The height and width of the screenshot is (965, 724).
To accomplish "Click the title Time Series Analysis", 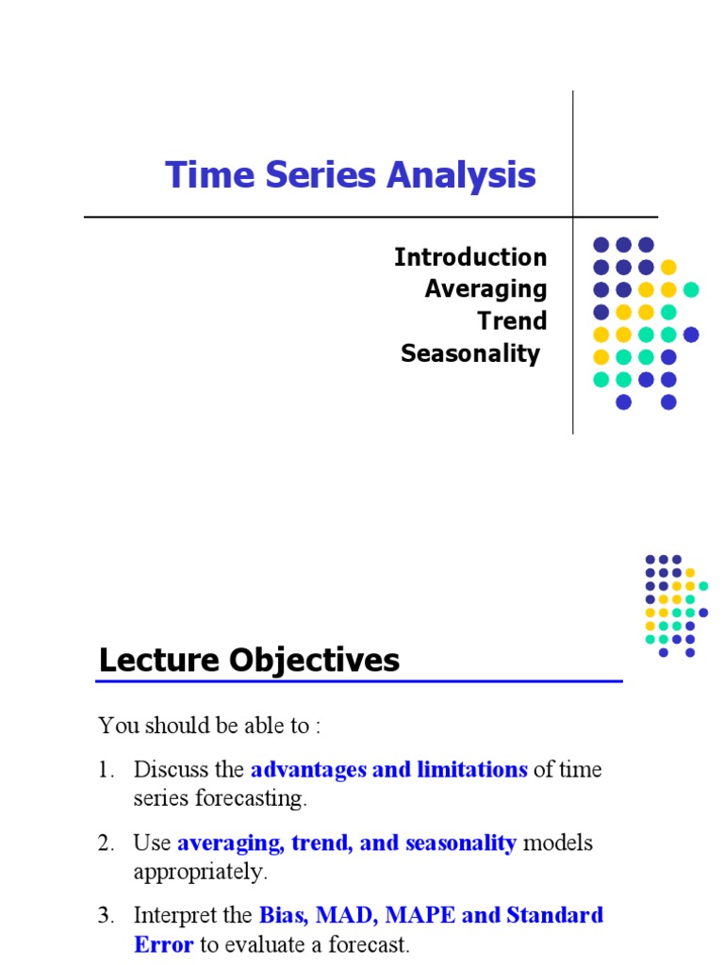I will [351, 175].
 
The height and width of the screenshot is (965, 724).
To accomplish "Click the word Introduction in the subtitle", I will [469, 257].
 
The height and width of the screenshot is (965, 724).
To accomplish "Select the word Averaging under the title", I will [485, 288].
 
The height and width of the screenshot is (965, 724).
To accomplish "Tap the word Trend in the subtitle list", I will [512, 320].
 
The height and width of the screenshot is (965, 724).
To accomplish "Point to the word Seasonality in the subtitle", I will [470, 353].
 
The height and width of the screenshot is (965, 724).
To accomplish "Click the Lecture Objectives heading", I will [249, 660].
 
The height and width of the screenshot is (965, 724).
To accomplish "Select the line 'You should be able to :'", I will [210, 726].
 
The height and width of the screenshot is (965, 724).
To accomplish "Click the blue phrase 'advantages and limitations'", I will [388, 769].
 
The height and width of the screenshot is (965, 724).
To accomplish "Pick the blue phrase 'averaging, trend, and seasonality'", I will [346, 842].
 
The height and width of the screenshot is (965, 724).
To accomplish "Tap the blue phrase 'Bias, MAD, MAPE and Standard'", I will [431, 915].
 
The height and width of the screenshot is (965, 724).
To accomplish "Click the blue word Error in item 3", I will [164, 944].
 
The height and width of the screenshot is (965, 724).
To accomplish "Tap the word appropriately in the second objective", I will [201, 872].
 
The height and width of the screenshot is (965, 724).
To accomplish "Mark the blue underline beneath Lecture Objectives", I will [360, 681].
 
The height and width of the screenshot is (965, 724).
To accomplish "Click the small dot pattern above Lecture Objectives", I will [676, 605].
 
